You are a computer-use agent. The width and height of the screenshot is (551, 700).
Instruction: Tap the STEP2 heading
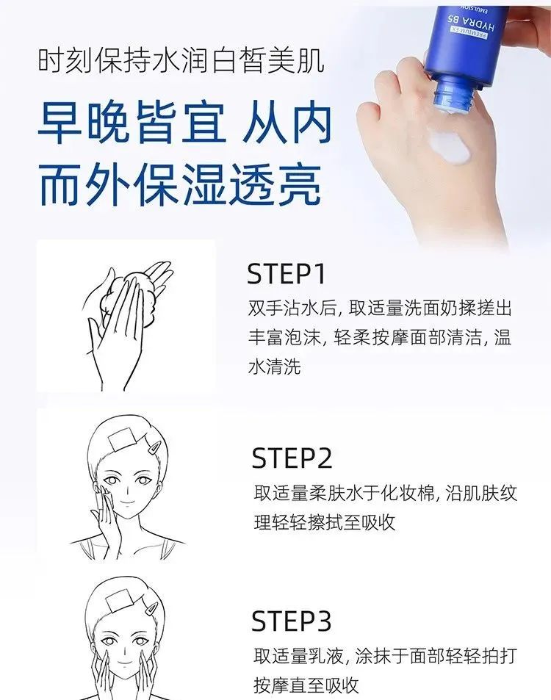(x=292, y=458)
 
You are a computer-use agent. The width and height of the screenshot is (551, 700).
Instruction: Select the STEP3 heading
(x=292, y=621)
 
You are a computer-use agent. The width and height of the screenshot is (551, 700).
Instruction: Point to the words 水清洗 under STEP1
(x=275, y=367)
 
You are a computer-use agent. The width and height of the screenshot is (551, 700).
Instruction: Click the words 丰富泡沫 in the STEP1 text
(x=284, y=337)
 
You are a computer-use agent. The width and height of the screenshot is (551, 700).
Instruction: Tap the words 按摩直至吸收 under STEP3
(x=306, y=685)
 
